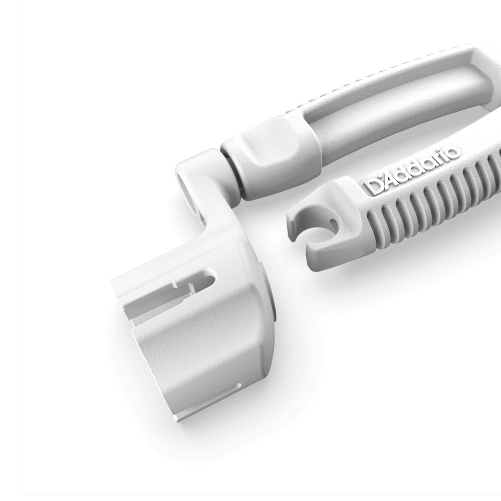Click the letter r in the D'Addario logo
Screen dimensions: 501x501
click(x=439, y=159)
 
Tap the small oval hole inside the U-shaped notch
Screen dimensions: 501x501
click(x=333, y=223)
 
